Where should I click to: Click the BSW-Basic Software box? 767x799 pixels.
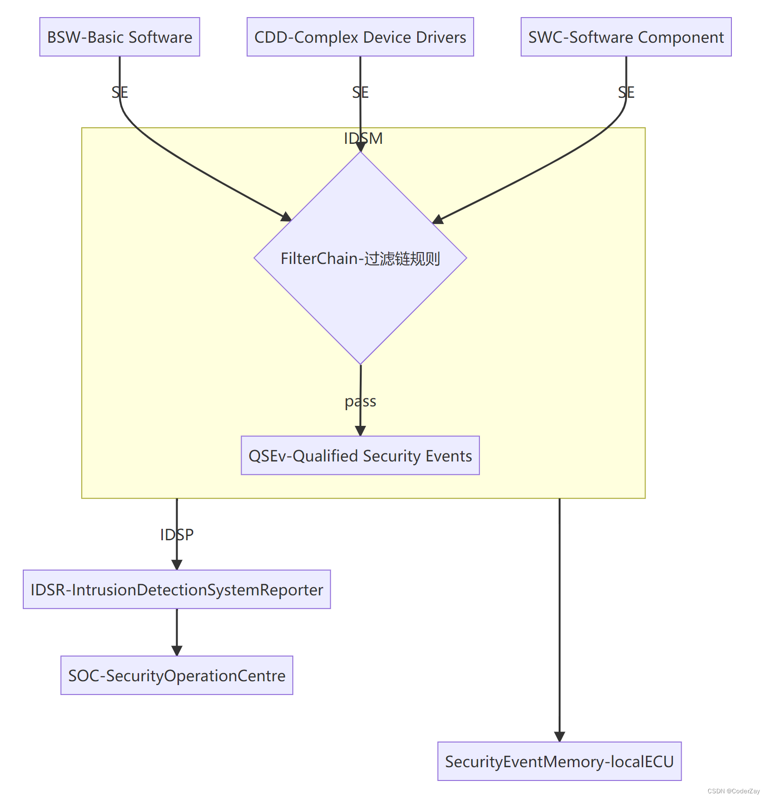click(120, 37)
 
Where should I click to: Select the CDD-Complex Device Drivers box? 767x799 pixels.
click(360, 37)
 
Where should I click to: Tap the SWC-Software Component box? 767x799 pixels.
click(626, 37)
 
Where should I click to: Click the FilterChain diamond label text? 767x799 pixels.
click(360, 259)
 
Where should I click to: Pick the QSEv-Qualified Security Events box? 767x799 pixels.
click(360, 456)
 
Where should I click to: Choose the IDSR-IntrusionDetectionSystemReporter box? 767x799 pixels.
click(177, 590)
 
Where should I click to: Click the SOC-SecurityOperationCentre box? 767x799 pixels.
click(177, 676)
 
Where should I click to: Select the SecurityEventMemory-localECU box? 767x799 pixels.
click(559, 761)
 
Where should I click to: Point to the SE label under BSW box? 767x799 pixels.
click(120, 92)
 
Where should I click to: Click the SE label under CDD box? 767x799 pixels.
click(360, 92)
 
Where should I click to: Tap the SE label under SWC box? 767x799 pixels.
click(626, 92)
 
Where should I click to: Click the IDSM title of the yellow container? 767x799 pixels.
click(363, 138)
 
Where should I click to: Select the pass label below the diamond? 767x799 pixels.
click(360, 402)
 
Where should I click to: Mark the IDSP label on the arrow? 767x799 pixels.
click(177, 535)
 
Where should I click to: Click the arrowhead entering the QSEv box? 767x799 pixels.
click(360, 431)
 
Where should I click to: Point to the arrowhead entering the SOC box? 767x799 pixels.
click(177, 650)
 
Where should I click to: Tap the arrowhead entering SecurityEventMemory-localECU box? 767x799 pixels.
click(560, 736)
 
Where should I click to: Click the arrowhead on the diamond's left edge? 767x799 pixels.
click(286, 217)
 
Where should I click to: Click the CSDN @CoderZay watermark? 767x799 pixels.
click(733, 791)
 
